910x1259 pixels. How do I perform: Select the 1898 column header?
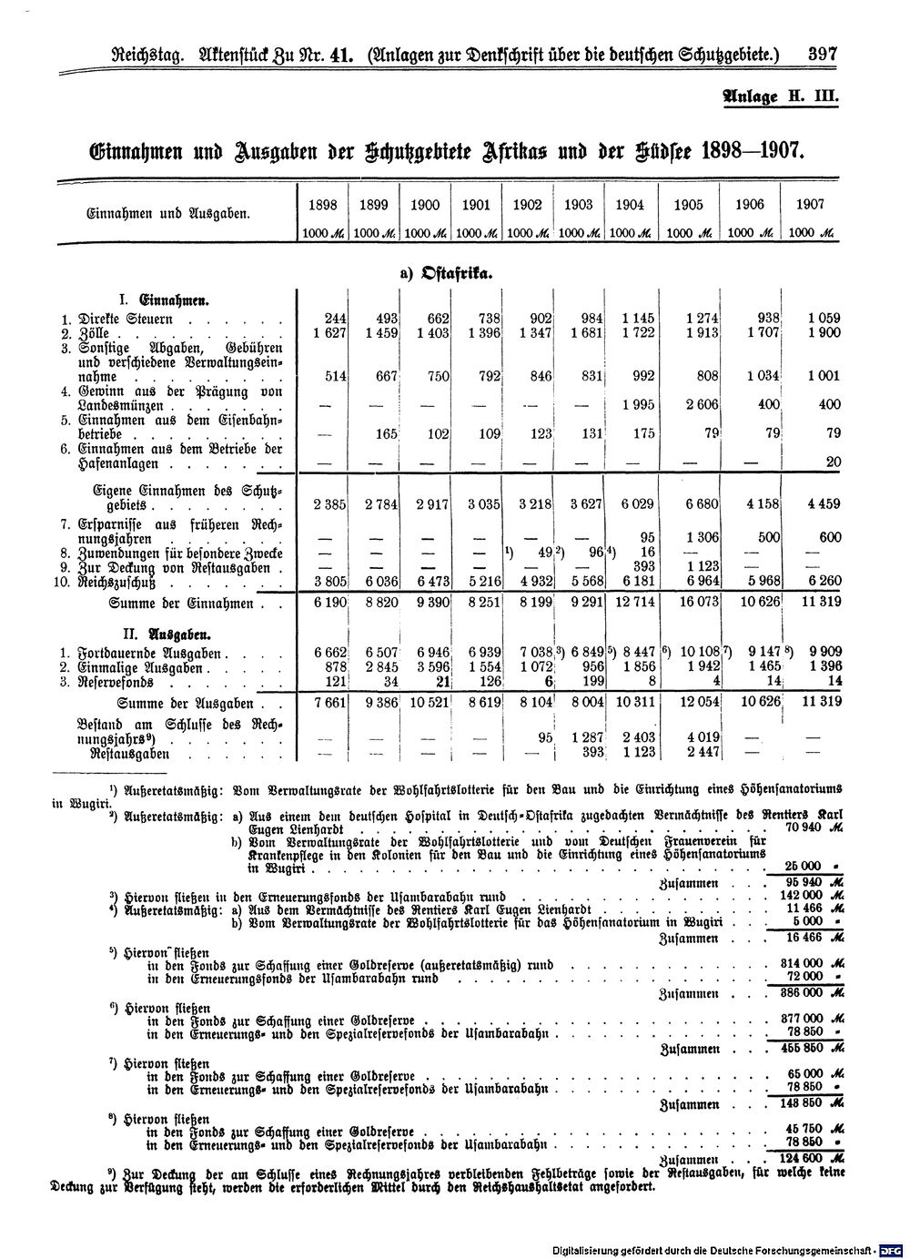coord(324,205)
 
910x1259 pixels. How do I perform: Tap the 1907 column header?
coord(808,205)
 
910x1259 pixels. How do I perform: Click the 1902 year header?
coord(529,205)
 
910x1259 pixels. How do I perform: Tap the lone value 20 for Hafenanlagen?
coord(833,462)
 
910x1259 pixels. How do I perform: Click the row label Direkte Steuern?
coord(127,320)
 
